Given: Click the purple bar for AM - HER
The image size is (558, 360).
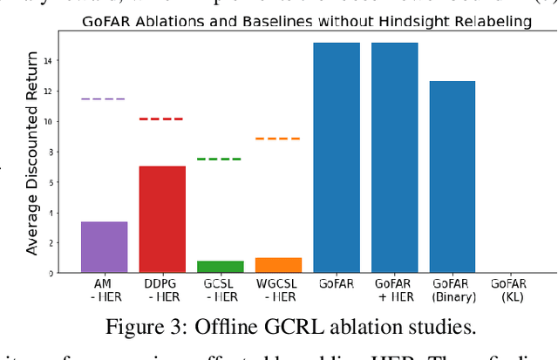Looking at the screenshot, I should click(x=104, y=247).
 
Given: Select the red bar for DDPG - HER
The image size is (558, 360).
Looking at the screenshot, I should click(x=162, y=219).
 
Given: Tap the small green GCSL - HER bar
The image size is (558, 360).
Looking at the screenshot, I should click(x=221, y=267).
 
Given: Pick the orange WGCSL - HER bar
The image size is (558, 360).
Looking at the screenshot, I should click(x=278, y=265).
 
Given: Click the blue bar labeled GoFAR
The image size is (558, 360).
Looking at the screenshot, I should click(x=337, y=158).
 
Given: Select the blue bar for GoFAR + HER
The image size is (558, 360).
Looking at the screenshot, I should click(x=394, y=158).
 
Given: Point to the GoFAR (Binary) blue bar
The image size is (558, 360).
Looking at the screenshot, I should click(x=453, y=177).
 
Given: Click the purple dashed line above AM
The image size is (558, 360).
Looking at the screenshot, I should click(x=103, y=99).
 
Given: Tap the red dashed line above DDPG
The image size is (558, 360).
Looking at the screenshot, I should click(x=161, y=119).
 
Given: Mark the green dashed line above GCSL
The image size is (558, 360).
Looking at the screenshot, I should click(x=220, y=159).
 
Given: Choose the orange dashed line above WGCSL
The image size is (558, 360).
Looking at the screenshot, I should click(x=277, y=139).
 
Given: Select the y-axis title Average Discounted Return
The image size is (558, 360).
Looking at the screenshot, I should click(x=32, y=153).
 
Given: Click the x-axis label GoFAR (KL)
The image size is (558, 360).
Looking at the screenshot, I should click(x=510, y=290).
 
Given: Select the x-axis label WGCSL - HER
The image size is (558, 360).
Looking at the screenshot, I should click(x=278, y=290).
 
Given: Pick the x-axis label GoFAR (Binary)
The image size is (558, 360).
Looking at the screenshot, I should click(x=453, y=290).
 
